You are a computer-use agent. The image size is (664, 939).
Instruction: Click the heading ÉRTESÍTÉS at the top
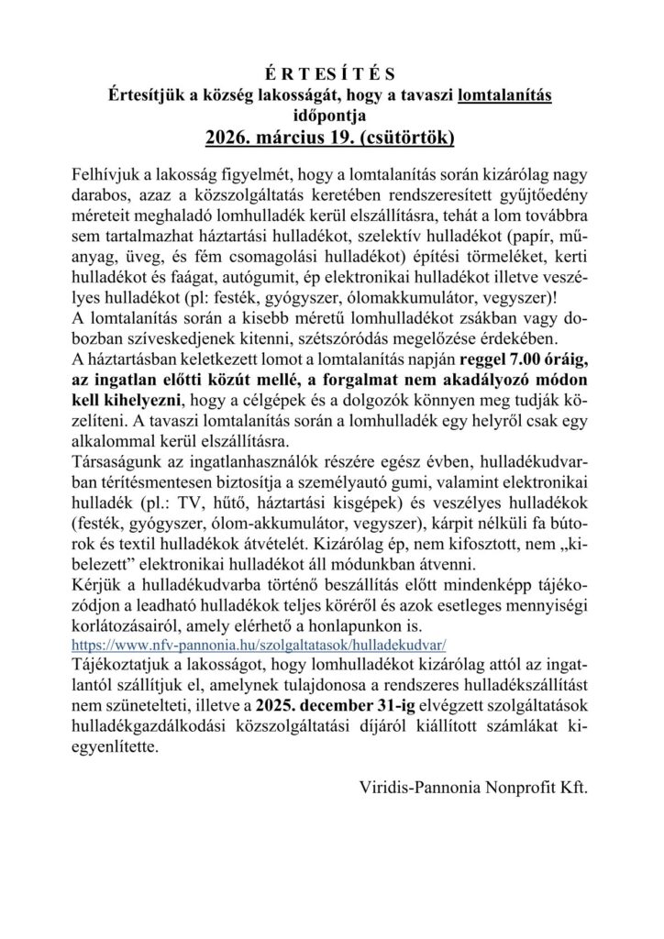click(331, 74)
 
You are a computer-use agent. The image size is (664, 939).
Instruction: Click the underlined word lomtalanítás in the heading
click(504, 94)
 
